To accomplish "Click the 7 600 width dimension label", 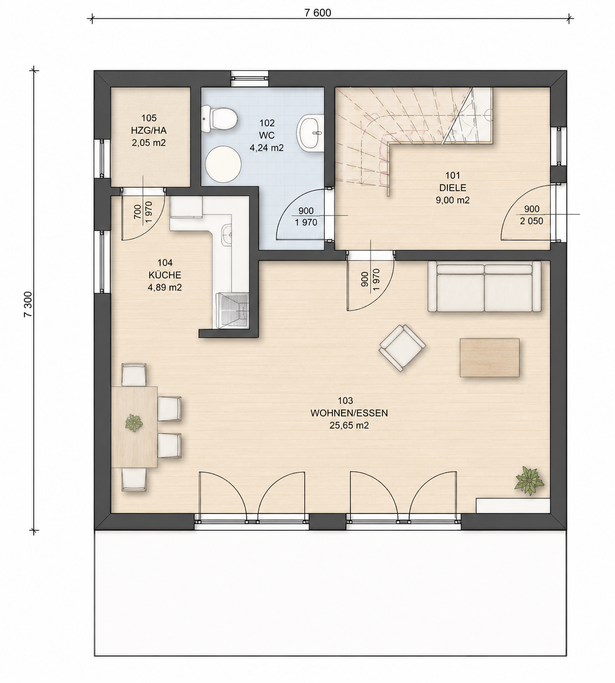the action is click(x=317, y=12).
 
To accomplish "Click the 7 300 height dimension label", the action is click(x=28, y=304).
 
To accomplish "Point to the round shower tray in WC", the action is click(x=223, y=164).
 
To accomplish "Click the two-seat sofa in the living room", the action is click(x=484, y=286).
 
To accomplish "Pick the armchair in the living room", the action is click(x=403, y=348).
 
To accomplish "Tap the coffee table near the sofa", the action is click(x=489, y=358).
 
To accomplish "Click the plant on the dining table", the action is click(x=134, y=423).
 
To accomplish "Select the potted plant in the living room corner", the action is click(x=529, y=480).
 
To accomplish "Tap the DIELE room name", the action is click(x=453, y=188).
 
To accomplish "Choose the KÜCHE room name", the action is click(x=164, y=275).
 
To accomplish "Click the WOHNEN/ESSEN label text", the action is click(x=349, y=413).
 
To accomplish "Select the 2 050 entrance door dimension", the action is click(x=531, y=221).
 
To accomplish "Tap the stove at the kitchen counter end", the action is click(x=232, y=310).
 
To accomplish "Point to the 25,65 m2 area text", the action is click(x=349, y=426).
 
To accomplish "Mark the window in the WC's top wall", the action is click(x=250, y=79).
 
